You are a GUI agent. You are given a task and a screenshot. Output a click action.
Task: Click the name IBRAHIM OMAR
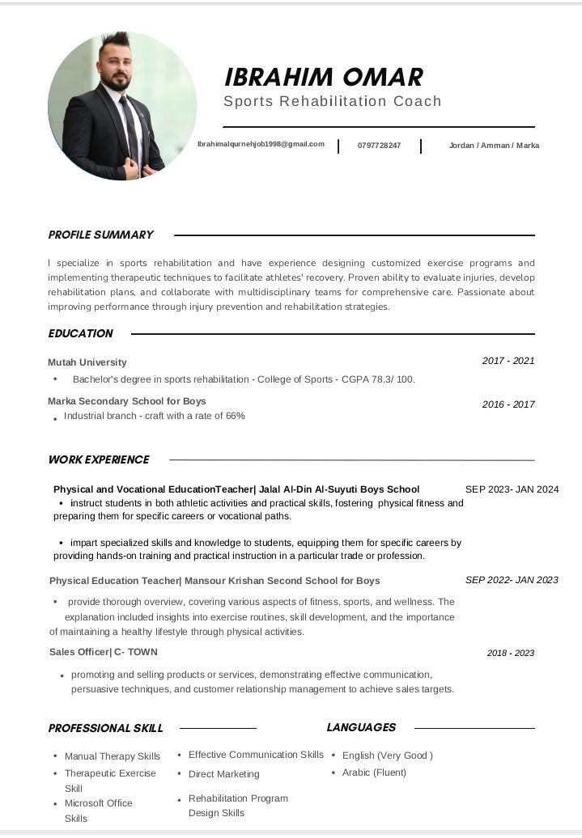pyautogui.click(x=323, y=77)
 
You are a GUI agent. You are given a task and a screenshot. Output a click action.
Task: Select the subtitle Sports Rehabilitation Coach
pyautogui.click(x=332, y=101)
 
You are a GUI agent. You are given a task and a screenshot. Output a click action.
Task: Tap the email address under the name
pyautogui.click(x=261, y=144)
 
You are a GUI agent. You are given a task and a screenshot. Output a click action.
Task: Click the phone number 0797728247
pyautogui.click(x=379, y=146)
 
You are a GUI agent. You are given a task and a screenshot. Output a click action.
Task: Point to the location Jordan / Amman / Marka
pyautogui.click(x=494, y=146)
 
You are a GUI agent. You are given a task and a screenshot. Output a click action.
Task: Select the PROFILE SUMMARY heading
pyautogui.click(x=100, y=235)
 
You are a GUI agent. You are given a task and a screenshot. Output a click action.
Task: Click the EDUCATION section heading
pyautogui.click(x=80, y=333)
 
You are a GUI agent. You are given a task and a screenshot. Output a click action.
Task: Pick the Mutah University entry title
pyautogui.click(x=87, y=362)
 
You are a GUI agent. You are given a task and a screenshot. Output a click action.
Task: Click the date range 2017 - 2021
pyautogui.click(x=508, y=361)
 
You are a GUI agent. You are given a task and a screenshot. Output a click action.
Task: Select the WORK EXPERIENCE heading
pyautogui.click(x=99, y=459)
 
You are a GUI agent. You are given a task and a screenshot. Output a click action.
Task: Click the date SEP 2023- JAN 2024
pyautogui.click(x=512, y=489)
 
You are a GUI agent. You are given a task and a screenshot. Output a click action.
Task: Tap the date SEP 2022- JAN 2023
pyautogui.click(x=512, y=580)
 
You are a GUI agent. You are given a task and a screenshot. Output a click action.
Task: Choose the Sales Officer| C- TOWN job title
pyautogui.click(x=103, y=652)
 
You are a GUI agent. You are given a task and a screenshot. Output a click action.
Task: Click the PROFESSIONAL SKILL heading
pyautogui.click(x=105, y=728)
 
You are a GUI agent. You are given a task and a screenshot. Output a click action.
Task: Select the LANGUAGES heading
pyautogui.click(x=361, y=727)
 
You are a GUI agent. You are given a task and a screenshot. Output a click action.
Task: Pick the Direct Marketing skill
pyautogui.click(x=223, y=774)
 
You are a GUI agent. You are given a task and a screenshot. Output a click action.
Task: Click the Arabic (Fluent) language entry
pyautogui.click(x=374, y=772)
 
